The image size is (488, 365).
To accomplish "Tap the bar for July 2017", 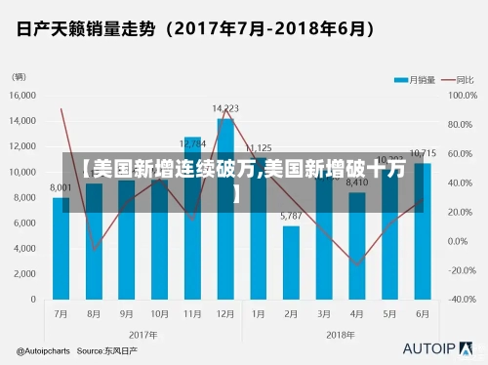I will [x=61, y=249].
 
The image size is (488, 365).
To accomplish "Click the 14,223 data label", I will [x=225, y=108].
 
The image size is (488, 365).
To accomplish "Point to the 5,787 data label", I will [x=291, y=216].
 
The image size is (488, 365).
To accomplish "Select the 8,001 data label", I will [x=61, y=187].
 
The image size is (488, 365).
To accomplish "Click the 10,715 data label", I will [x=423, y=153].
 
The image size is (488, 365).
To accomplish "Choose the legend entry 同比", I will [x=456, y=78].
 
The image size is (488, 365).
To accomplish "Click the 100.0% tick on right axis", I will [x=463, y=96].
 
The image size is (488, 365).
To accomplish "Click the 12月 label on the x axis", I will [x=225, y=314].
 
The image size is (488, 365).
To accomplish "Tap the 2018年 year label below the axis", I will [x=341, y=334].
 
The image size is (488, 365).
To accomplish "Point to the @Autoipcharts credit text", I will [x=43, y=349].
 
